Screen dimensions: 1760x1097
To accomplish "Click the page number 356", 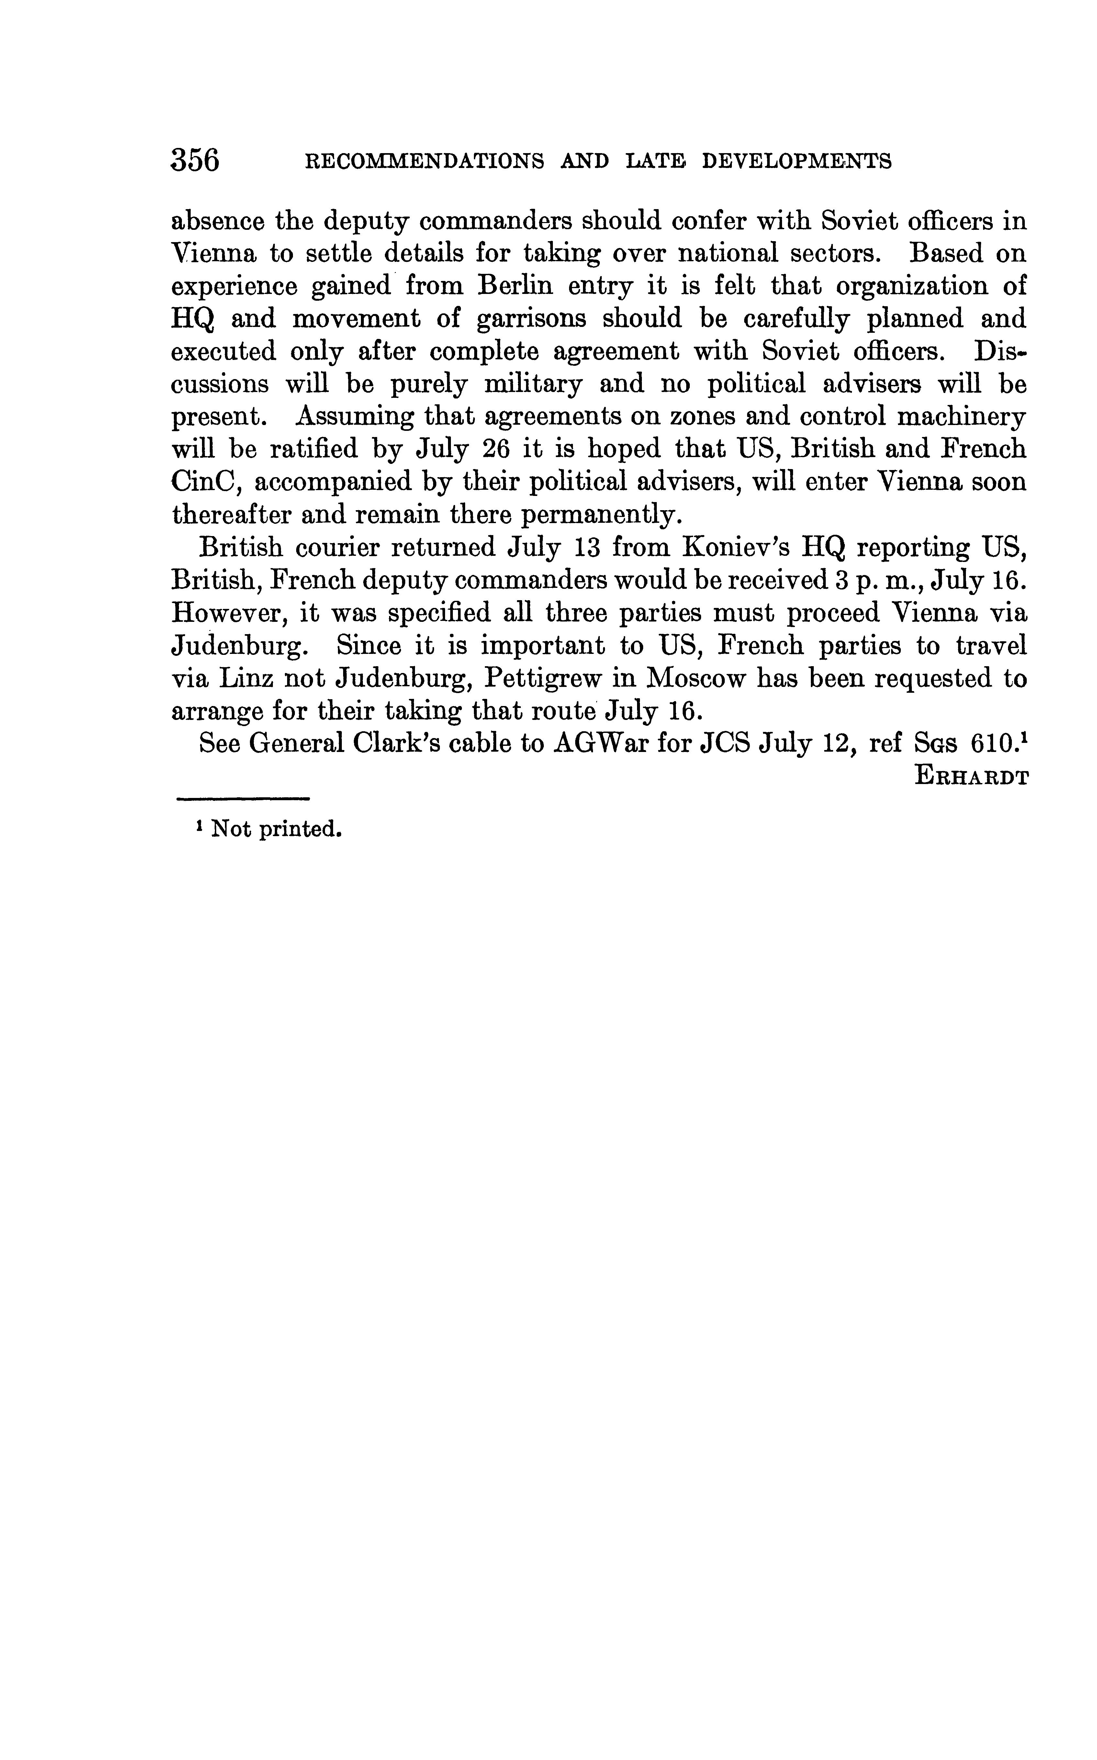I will point(195,160).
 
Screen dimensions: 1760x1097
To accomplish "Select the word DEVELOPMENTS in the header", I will point(797,161).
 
